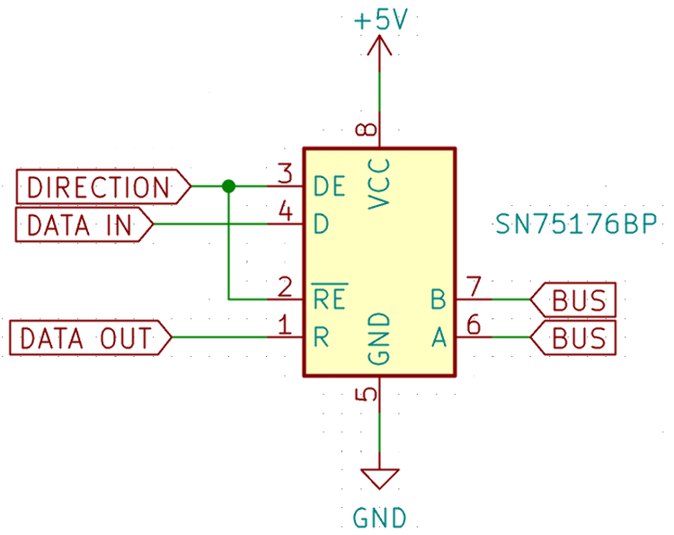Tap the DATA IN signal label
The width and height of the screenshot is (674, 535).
(82, 225)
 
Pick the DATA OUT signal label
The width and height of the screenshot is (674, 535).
(89, 338)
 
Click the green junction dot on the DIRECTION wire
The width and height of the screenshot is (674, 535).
(228, 186)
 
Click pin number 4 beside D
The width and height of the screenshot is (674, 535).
(285, 211)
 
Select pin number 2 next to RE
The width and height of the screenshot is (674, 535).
(285, 288)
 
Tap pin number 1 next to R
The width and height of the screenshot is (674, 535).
(285, 325)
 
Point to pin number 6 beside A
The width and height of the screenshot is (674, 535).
(474, 325)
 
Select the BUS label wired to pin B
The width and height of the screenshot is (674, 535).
(575, 299)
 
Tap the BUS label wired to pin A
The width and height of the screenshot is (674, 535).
(575, 338)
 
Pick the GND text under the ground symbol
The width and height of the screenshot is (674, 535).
(379, 518)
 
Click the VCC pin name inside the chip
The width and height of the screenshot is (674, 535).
(379, 183)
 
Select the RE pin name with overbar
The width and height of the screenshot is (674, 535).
(330, 294)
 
